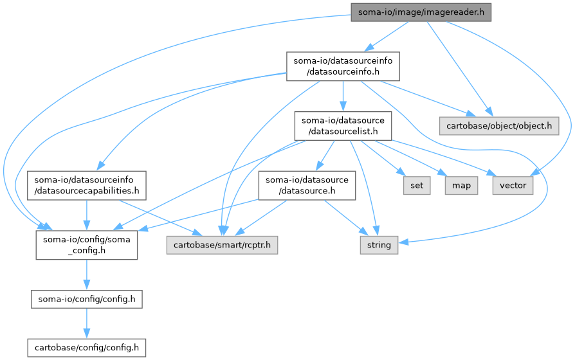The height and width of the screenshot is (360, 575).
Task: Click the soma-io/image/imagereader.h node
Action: pos(421,11)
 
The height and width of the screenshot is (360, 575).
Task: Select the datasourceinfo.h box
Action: pos(343,66)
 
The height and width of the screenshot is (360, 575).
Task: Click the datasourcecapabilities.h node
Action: pos(87,185)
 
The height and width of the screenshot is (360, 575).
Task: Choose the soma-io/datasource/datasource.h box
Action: pos(307,185)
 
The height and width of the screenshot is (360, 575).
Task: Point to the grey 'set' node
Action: pos(417,185)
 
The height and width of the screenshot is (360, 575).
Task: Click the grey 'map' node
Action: pos(461,185)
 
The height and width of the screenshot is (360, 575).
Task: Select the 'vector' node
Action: pos(513,185)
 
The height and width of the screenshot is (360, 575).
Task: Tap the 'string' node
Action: pos(378,244)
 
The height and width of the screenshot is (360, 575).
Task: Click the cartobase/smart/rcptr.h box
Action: pos(222,244)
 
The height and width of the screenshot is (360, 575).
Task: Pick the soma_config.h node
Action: pos(87,244)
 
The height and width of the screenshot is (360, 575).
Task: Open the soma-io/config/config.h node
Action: pos(87,299)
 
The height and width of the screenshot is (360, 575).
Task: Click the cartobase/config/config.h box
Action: pos(87,348)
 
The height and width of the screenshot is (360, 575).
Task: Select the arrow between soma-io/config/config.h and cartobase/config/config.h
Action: pos(87,323)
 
